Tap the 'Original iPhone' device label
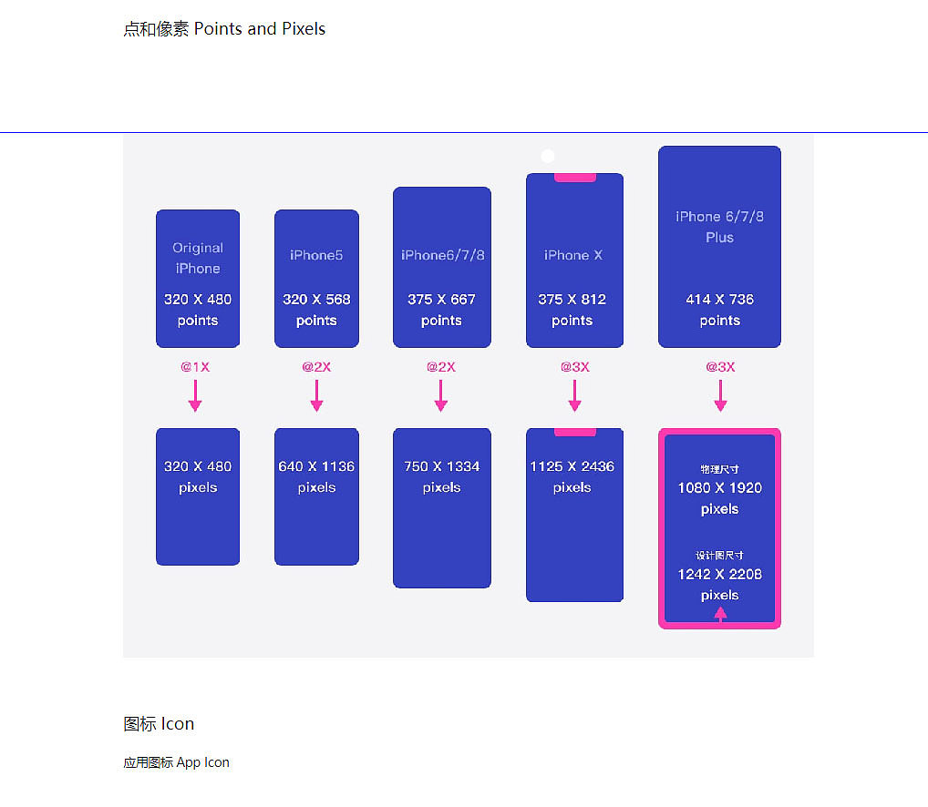point(198,258)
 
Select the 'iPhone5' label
point(316,255)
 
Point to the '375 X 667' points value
point(441,299)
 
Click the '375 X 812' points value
point(572,299)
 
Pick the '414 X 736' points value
point(719,299)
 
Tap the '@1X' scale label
point(195,366)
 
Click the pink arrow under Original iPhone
point(195,395)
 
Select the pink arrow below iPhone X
point(574,395)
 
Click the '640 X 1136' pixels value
point(316,466)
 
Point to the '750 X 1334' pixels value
point(441,466)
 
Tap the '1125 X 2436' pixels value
point(572,466)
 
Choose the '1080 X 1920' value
point(719,487)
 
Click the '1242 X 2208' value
point(719,574)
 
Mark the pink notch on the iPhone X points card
point(574,178)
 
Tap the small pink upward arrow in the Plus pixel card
point(720,615)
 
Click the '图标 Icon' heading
point(159,723)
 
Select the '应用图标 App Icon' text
point(176,762)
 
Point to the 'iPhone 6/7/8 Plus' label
point(719,227)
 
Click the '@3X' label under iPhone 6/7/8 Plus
point(720,366)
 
